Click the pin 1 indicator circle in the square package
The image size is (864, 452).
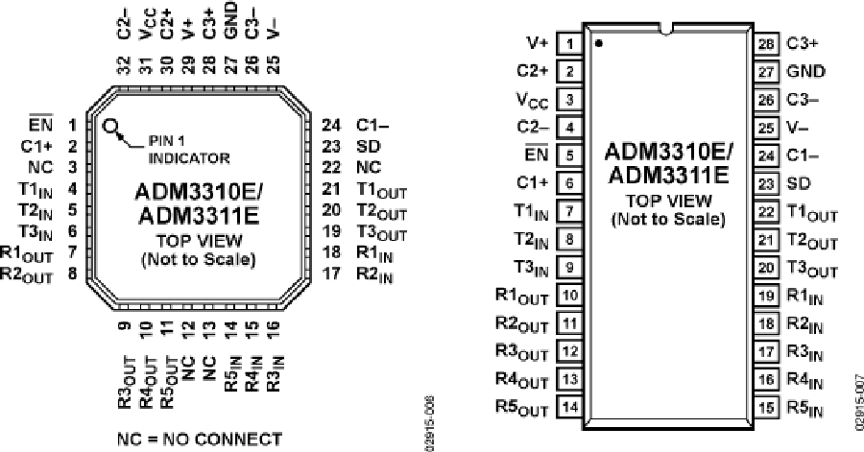coord(112,126)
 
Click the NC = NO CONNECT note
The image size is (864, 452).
coord(200,440)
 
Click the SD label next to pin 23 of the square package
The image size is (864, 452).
coord(366,146)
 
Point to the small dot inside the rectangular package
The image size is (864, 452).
coord(599,43)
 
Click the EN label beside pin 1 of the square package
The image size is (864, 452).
coord(41,124)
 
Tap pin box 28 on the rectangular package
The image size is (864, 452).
coord(764,43)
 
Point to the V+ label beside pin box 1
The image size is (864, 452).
coord(537,43)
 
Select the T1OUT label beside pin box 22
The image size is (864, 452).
coord(812,212)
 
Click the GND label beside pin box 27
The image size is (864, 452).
coord(805,71)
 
